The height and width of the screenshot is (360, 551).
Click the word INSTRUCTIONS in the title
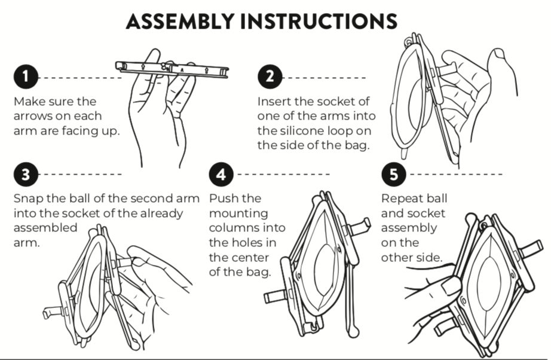point(316,22)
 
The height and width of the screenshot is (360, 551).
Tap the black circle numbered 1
point(26,78)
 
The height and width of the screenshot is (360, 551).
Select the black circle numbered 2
point(270,78)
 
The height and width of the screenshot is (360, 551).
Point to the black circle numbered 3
point(26,174)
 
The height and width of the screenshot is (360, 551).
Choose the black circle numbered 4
point(221,174)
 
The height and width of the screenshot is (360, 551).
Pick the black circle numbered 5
point(393,174)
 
